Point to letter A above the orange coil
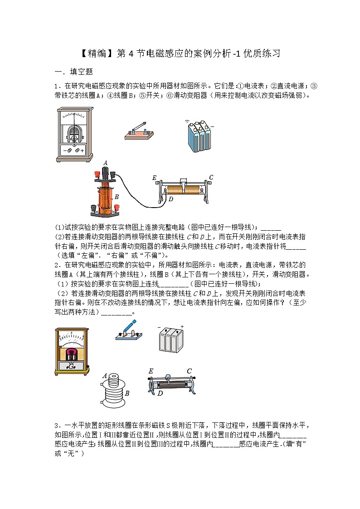pyautogui.click(x=105, y=163)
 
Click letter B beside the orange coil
pyautogui.click(x=117, y=197)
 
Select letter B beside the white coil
pyautogui.click(x=127, y=393)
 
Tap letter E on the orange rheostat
pyautogui.click(x=155, y=178)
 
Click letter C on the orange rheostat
pyautogui.click(x=211, y=177)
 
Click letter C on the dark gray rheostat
pyautogui.click(x=189, y=371)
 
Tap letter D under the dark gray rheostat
pyautogui.click(x=160, y=393)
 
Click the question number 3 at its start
pyautogui.click(x=56, y=425)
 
